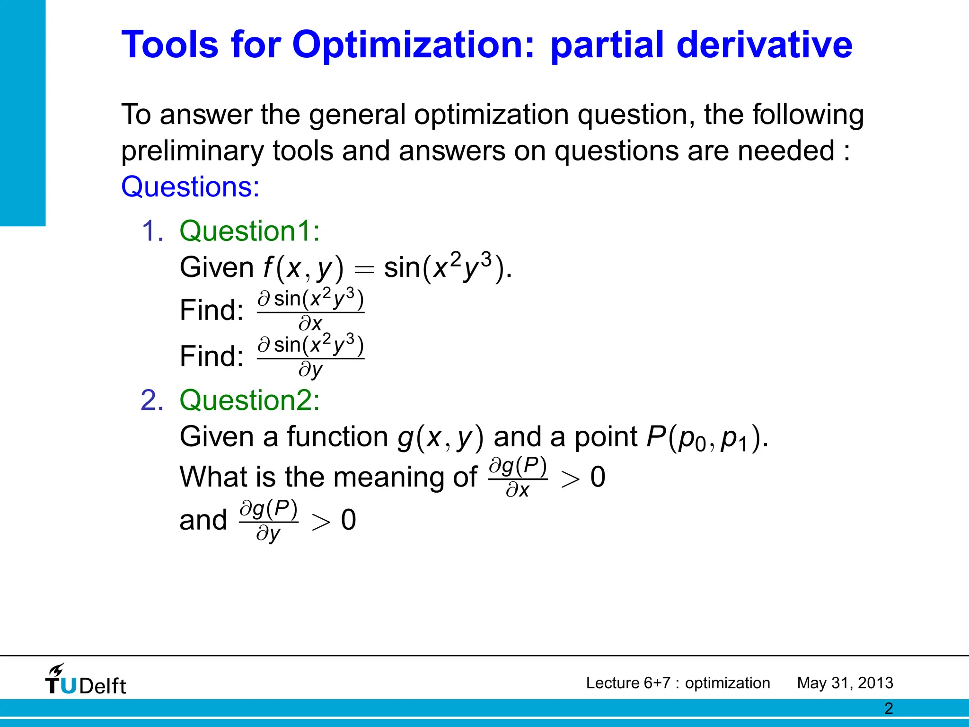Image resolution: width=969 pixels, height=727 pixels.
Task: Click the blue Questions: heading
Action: coord(190,187)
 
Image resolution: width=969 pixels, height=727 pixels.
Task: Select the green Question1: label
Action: coord(250,231)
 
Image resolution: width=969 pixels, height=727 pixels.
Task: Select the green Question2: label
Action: coord(250,400)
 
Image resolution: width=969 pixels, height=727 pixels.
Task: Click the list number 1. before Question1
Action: coord(152,231)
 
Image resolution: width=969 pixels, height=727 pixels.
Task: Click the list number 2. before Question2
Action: coord(152,400)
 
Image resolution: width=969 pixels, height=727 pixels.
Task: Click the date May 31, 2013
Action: coord(845,683)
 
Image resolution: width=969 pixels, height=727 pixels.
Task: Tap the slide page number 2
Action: coord(888,709)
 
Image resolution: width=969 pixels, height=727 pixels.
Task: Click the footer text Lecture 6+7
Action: coord(628,683)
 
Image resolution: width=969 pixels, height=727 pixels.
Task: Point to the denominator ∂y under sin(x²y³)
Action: coord(310,370)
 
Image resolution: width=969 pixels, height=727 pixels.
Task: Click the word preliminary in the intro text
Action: coord(192,151)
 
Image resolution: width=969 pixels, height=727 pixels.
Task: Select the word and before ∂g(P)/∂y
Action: coord(203,520)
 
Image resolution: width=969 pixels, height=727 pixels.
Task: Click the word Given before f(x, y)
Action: coord(217,268)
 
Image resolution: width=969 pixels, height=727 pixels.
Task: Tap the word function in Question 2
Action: coord(337,436)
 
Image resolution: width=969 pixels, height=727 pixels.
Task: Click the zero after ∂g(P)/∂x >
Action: coord(598,477)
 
